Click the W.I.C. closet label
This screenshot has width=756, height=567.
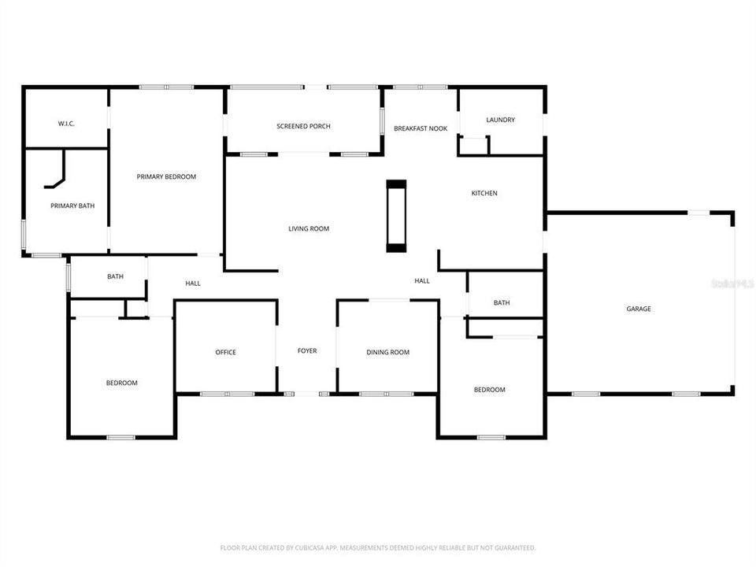(65, 124)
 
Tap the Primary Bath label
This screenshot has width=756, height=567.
(72, 206)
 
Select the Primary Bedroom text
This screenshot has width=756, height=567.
(166, 176)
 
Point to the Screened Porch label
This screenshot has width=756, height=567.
(303, 126)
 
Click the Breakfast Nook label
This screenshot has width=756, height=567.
(421, 128)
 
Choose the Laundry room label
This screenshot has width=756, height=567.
(500, 120)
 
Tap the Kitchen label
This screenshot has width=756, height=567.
(484, 193)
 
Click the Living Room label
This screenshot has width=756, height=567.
(308, 228)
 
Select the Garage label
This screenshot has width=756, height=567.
(639, 309)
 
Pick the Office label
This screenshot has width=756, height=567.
(225, 352)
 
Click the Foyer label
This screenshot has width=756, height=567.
(306, 350)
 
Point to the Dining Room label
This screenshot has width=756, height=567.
(387, 352)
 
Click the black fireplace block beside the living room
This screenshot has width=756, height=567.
(396, 217)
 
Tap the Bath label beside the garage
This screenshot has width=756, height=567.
(502, 302)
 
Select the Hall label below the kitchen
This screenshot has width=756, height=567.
(422, 280)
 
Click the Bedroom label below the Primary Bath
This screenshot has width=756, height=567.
(121, 383)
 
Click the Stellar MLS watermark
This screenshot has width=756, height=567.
(732, 282)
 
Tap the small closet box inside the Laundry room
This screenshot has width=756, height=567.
(474, 146)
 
